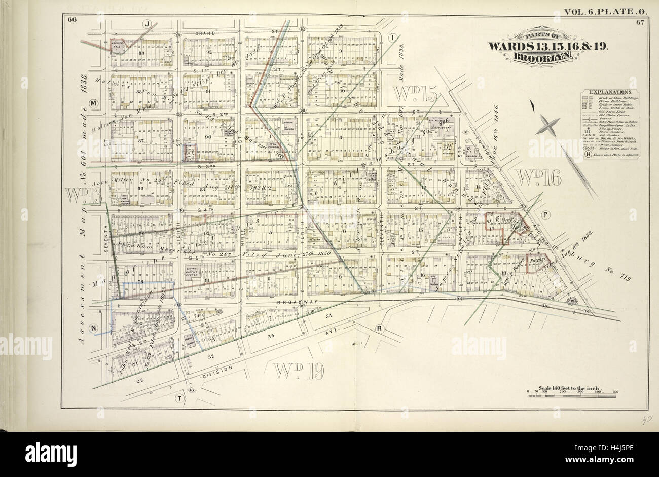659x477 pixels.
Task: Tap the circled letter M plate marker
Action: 93,103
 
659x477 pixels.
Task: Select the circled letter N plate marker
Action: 93,328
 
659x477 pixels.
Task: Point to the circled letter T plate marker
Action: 178,398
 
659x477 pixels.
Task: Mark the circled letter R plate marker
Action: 379,329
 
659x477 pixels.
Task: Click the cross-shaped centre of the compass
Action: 549,124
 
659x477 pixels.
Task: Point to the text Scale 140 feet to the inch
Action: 571,387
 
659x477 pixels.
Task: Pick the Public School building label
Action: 289,123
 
